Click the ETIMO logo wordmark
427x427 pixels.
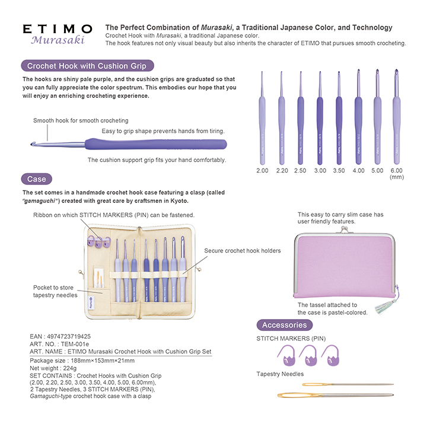coord(58,29)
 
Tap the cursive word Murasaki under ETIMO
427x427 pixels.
coord(58,40)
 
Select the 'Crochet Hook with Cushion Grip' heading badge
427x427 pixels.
coord(87,66)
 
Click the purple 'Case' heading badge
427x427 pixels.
coord(37,179)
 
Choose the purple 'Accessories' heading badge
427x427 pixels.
coord(284,325)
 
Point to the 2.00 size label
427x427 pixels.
coord(262,171)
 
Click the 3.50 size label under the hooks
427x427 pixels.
coord(339,171)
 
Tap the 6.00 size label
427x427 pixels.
coord(397,171)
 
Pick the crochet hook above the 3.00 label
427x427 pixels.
coord(320,118)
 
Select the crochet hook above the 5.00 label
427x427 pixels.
coord(377,117)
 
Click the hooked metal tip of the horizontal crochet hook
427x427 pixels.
coord(33,144)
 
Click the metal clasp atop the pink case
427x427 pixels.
coord(344,230)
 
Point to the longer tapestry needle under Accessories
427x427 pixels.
coord(336,395)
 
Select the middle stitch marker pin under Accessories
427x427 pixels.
coord(308,355)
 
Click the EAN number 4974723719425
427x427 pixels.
coord(69,337)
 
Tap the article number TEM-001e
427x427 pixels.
coord(75,344)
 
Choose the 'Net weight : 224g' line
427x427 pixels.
coord(53,368)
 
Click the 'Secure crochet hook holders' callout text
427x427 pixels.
coord(243,250)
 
